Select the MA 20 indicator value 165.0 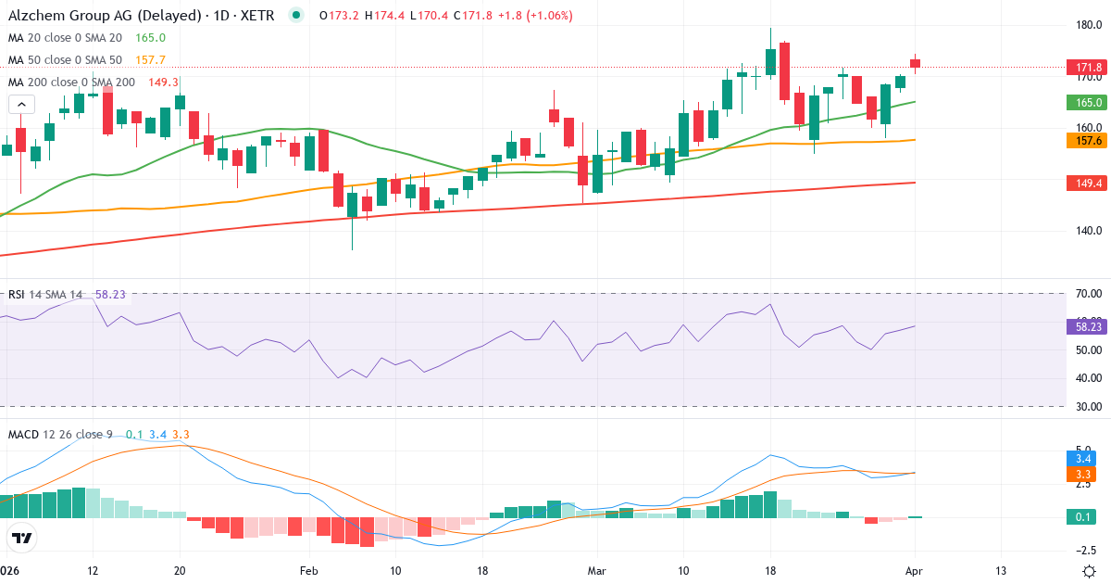[x=150, y=38]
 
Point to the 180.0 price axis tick [x=1089, y=25]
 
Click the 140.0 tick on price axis [x=1089, y=231]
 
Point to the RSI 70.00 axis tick [x=1089, y=294]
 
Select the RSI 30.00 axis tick [x=1089, y=407]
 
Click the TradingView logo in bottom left [x=22, y=538]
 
